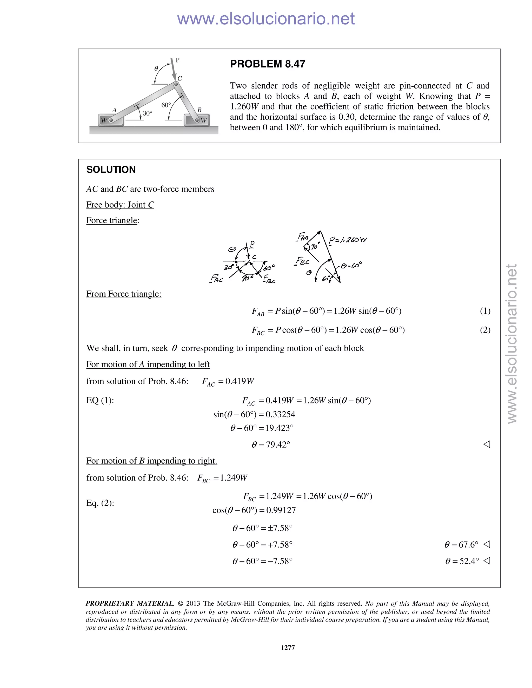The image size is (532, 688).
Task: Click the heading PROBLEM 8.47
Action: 267,64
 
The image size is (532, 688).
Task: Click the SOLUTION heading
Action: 111,170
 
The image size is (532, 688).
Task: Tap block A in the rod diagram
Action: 111,120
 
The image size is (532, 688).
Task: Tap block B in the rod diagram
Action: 197,120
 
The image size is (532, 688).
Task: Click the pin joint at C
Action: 176,84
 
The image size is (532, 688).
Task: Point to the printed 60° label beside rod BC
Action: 166,105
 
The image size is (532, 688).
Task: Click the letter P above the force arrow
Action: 177,60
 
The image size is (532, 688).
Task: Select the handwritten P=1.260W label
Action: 348,240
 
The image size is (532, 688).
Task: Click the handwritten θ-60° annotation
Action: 351,265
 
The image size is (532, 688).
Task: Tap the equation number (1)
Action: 485,311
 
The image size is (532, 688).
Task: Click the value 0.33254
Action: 281,414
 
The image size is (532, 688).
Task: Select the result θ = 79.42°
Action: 271,444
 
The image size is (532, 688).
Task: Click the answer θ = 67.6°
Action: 461,545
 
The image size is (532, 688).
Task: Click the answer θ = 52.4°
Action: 462,561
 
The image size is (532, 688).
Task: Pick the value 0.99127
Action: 281,510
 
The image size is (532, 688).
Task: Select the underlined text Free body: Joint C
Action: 120,205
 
